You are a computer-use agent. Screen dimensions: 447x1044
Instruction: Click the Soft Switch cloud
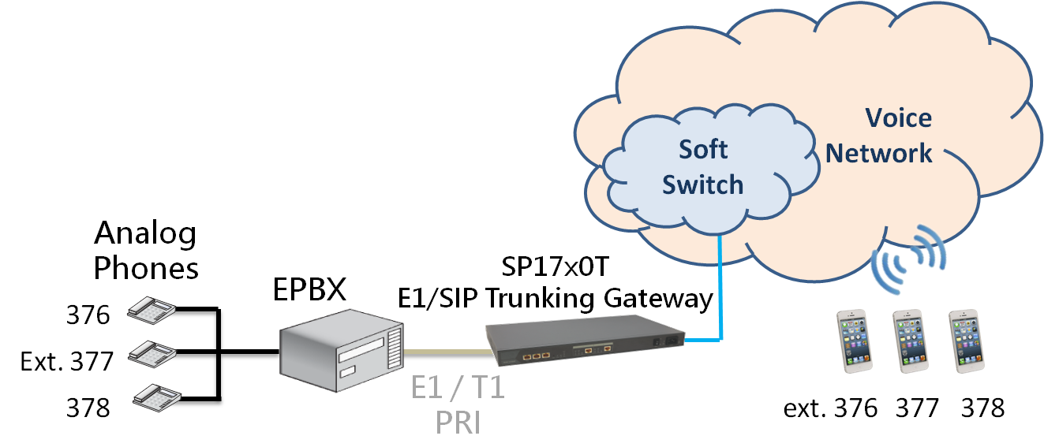(702, 167)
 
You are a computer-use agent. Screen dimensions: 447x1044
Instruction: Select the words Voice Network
(880, 135)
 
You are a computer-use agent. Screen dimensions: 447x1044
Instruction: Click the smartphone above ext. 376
(855, 341)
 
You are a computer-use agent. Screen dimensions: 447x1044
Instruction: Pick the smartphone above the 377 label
(911, 341)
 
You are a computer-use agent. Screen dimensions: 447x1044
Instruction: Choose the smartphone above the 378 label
(967, 341)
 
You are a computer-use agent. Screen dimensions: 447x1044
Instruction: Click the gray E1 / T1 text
(458, 389)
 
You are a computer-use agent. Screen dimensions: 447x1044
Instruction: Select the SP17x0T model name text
(557, 266)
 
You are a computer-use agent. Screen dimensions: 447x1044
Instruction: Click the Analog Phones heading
(146, 251)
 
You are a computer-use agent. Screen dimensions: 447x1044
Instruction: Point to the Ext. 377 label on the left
(67, 362)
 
